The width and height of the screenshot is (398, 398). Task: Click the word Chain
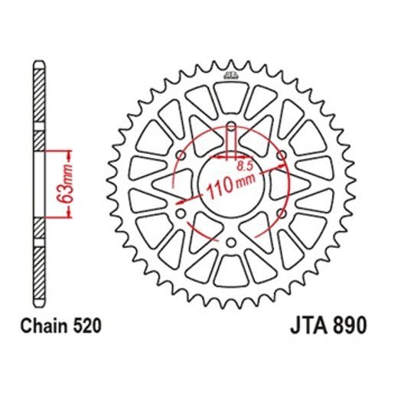(47, 326)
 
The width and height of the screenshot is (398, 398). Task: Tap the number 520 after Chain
(87, 326)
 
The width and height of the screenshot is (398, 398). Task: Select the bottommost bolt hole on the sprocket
(230, 243)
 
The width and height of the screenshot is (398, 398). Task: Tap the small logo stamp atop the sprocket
(230, 74)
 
